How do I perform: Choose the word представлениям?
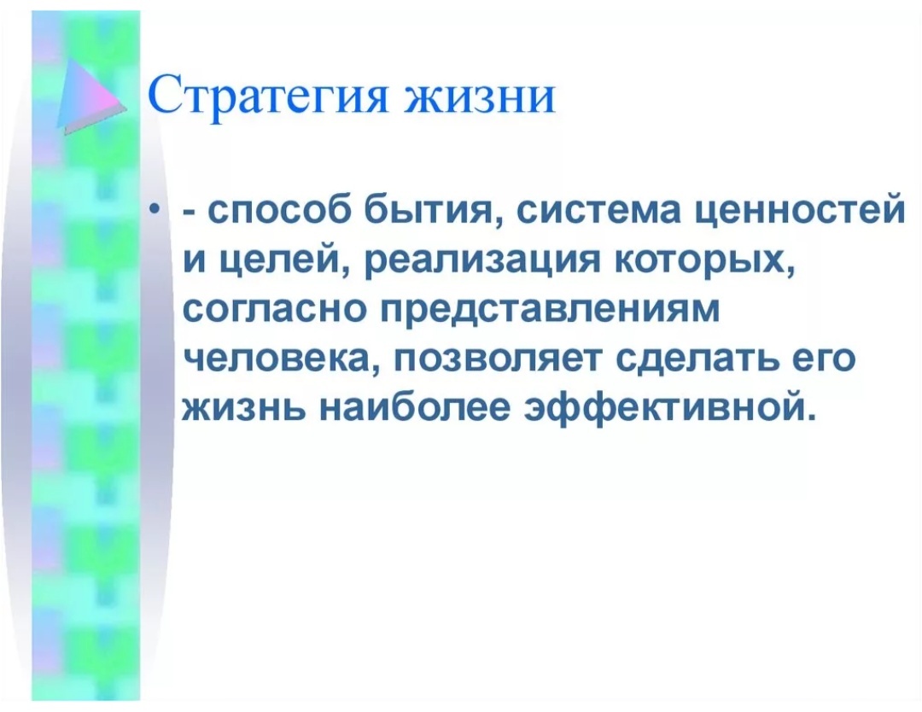click(x=546, y=307)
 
